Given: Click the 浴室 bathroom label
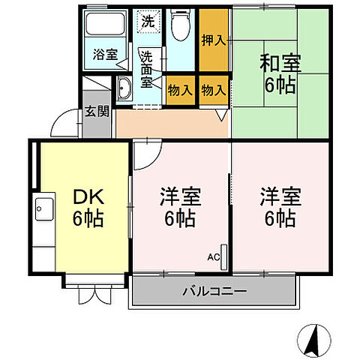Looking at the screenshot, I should point(105,54).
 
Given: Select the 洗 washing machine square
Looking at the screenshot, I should point(147,21).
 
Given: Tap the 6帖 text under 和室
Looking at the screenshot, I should point(280,85).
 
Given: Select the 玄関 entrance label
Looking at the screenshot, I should point(96,112).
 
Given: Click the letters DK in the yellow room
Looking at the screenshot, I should point(88,197).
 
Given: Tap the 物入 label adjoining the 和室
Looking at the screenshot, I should point(214,90).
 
